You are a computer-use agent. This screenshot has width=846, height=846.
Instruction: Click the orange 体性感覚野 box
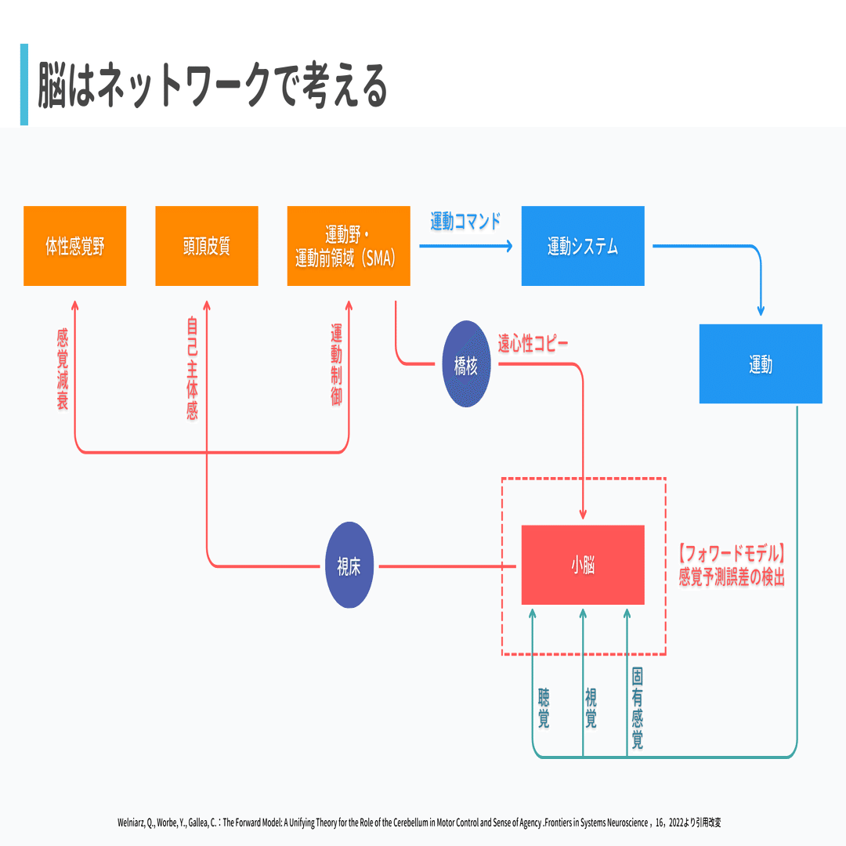(x=75, y=246)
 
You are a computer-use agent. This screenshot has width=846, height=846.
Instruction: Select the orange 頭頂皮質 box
(x=207, y=246)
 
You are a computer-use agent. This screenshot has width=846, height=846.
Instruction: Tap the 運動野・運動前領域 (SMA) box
(x=349, y=246)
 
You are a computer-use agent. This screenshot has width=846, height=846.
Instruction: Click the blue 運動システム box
(x=583, y=246)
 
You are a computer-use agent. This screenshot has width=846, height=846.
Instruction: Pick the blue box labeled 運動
(x=761, y=363)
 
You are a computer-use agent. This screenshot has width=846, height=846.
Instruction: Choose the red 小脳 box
(x=583, y=565)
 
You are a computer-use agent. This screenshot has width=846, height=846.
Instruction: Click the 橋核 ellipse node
(x=466, y=364)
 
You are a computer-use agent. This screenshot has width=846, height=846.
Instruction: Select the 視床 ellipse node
(x=349, y=565)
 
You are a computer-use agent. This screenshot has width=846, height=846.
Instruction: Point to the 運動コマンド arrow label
(x=465, y=221)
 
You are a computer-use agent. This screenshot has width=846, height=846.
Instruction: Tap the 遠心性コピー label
(x=533, y=343)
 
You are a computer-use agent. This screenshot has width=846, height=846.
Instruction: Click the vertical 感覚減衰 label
(x=63, y=369)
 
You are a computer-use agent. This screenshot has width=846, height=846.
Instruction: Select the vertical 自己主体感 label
(x=193, y=369)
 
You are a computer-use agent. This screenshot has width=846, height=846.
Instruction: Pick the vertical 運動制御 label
(x=337, y=364)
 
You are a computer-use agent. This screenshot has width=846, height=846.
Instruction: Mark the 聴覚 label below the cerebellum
(x=544, y=708)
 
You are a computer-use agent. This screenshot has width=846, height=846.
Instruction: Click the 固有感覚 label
(x=638, y=708)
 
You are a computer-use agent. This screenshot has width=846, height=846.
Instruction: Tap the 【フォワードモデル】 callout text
(x=732, y=554)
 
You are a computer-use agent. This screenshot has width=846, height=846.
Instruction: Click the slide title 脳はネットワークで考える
(x=212, y=85)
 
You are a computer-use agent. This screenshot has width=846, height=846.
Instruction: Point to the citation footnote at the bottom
(x=419, y=822)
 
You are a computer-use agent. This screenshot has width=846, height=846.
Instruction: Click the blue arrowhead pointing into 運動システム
(x=509, y=246)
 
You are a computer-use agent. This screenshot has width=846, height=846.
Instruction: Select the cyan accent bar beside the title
(x=24, y=85)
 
